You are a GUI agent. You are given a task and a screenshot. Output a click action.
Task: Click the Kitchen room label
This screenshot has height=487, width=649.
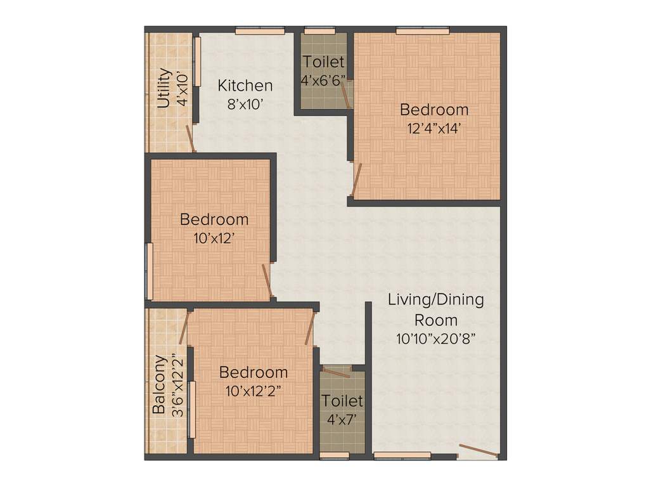(245, 85)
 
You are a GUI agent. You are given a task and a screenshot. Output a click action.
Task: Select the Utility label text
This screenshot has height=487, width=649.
(164, 88)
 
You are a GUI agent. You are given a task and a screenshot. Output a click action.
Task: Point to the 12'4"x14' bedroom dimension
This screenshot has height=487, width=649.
(434, 127)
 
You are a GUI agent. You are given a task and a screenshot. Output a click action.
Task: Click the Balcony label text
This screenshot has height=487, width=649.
(159, 384)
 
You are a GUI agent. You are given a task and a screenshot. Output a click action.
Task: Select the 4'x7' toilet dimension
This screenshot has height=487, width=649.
(342, 419)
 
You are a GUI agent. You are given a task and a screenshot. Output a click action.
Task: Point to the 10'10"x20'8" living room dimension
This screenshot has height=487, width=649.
(436, 339)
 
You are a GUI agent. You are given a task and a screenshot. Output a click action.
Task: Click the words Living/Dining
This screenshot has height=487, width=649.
(436, 299)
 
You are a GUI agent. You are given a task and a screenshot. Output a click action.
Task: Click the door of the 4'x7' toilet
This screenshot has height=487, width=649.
(336, 372)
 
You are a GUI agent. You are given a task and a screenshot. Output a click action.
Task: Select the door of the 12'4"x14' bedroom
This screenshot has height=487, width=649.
(357, 178)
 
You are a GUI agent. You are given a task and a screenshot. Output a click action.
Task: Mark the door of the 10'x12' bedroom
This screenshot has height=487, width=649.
(267, 281)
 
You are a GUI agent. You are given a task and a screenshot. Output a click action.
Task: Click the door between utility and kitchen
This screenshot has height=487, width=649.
(190, 138)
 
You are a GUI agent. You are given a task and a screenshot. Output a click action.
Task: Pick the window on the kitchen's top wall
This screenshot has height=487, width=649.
(260, 29)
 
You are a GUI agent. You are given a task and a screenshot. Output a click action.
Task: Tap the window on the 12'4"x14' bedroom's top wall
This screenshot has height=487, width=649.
(423, 29)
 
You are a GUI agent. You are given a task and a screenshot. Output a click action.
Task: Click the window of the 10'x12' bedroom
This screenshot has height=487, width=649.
(150, 271)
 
